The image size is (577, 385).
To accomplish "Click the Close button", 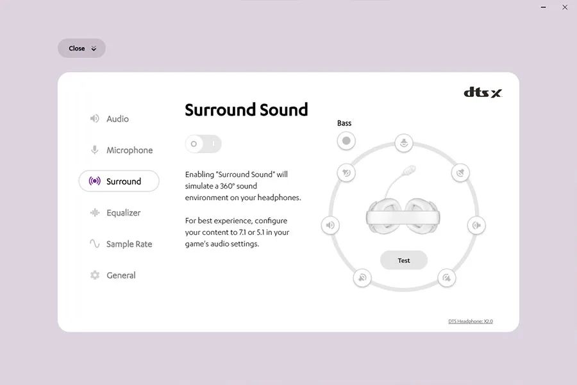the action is click(x=81, y=48).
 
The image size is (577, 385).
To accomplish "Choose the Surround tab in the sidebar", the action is click(x=119, y=181).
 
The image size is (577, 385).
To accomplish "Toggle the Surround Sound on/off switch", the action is click(x=203, y=144).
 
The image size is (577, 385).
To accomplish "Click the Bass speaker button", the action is click(x=346, y=141).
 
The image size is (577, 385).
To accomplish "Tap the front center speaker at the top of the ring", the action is click(x=404, y=142).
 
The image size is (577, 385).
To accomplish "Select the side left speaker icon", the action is click(x=330, y=225).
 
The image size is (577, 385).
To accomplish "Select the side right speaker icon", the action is click(x=476, y=225).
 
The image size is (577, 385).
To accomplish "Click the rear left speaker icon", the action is click(x=362, y=278).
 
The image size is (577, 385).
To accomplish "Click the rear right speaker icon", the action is click(x=447, y=278).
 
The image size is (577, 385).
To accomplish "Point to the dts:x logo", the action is click(x=483, y=92).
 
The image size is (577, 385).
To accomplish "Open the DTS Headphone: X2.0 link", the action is click(x=471, y=321).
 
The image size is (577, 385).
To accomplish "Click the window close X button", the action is click(x=565, y=7).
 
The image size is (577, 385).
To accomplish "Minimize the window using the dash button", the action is click(x=544, y=7).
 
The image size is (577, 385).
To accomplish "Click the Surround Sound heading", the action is click(x=246, y=110).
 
